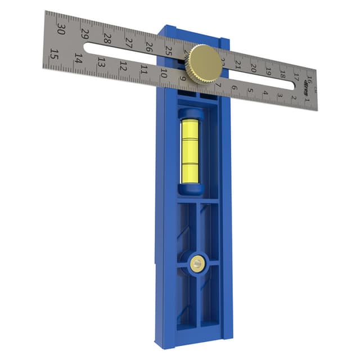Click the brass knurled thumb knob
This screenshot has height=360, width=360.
coord(205,64)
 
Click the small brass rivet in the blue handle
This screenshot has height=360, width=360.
coord(196,263)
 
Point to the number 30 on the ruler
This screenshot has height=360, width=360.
coord(61,29)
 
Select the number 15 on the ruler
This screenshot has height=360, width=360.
coord(54,55)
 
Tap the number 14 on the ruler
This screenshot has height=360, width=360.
coord(78,58)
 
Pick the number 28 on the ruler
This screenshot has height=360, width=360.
coord(107,38)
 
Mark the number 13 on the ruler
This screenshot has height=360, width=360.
coord(101,62)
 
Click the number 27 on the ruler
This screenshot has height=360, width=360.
coord(129,42)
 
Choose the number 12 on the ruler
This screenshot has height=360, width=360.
coord(123,66)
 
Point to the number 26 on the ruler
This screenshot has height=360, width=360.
coord(149,46)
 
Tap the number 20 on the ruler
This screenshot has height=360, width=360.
coord(253,68)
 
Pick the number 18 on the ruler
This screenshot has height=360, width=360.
coord(282,74)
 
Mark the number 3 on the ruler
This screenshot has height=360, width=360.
coord(280,96)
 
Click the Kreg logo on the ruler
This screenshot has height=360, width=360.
coord(307,85)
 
